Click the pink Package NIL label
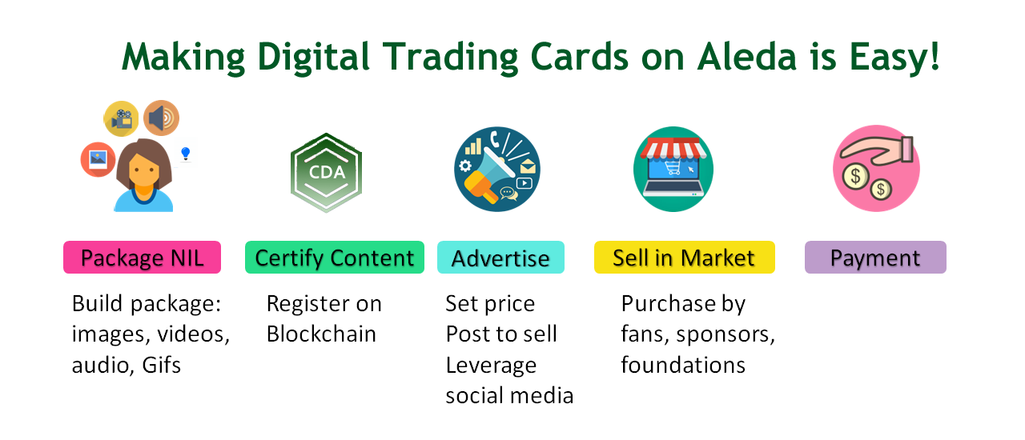pos(142,258)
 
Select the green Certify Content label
pos(334,258)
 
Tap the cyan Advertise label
pos(500,258)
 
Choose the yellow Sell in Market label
pos(684,258)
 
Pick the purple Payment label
pos(875,258)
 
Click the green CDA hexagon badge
pos(327,172)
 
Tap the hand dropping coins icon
pos(876,169)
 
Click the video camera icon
pos(121,118)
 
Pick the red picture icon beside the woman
pos(98,158)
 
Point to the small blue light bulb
pos(186,152)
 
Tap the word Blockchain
pos(321,334)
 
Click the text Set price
pos(490,304)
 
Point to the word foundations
pos(683,365)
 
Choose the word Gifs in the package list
pos(162,365)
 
